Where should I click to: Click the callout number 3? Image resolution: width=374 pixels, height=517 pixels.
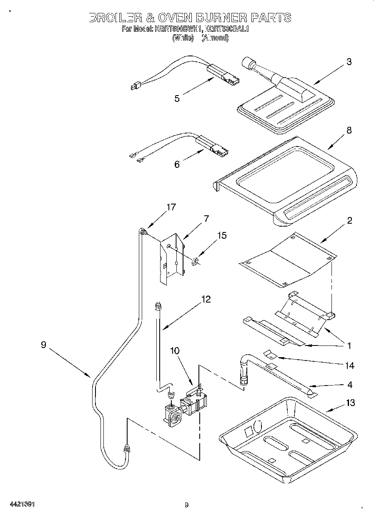(349, 62)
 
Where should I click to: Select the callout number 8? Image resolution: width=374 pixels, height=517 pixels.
(349, 130)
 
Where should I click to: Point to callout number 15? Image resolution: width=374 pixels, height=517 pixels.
(222, 236)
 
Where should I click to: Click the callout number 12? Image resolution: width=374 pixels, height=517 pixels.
(206, 299)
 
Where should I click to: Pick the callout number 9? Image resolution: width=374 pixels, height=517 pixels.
(44, 345)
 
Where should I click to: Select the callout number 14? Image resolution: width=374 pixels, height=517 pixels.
(349, 366)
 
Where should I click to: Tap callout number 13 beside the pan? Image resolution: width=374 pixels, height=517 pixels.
(350, 403)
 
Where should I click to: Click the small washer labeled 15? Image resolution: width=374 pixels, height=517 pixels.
(194, 262)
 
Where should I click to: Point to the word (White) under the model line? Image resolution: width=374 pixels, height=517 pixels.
(183, 38)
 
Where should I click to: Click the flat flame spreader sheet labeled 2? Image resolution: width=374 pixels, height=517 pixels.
(288, 261)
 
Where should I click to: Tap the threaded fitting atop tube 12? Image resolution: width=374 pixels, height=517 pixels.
(158, 307)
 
